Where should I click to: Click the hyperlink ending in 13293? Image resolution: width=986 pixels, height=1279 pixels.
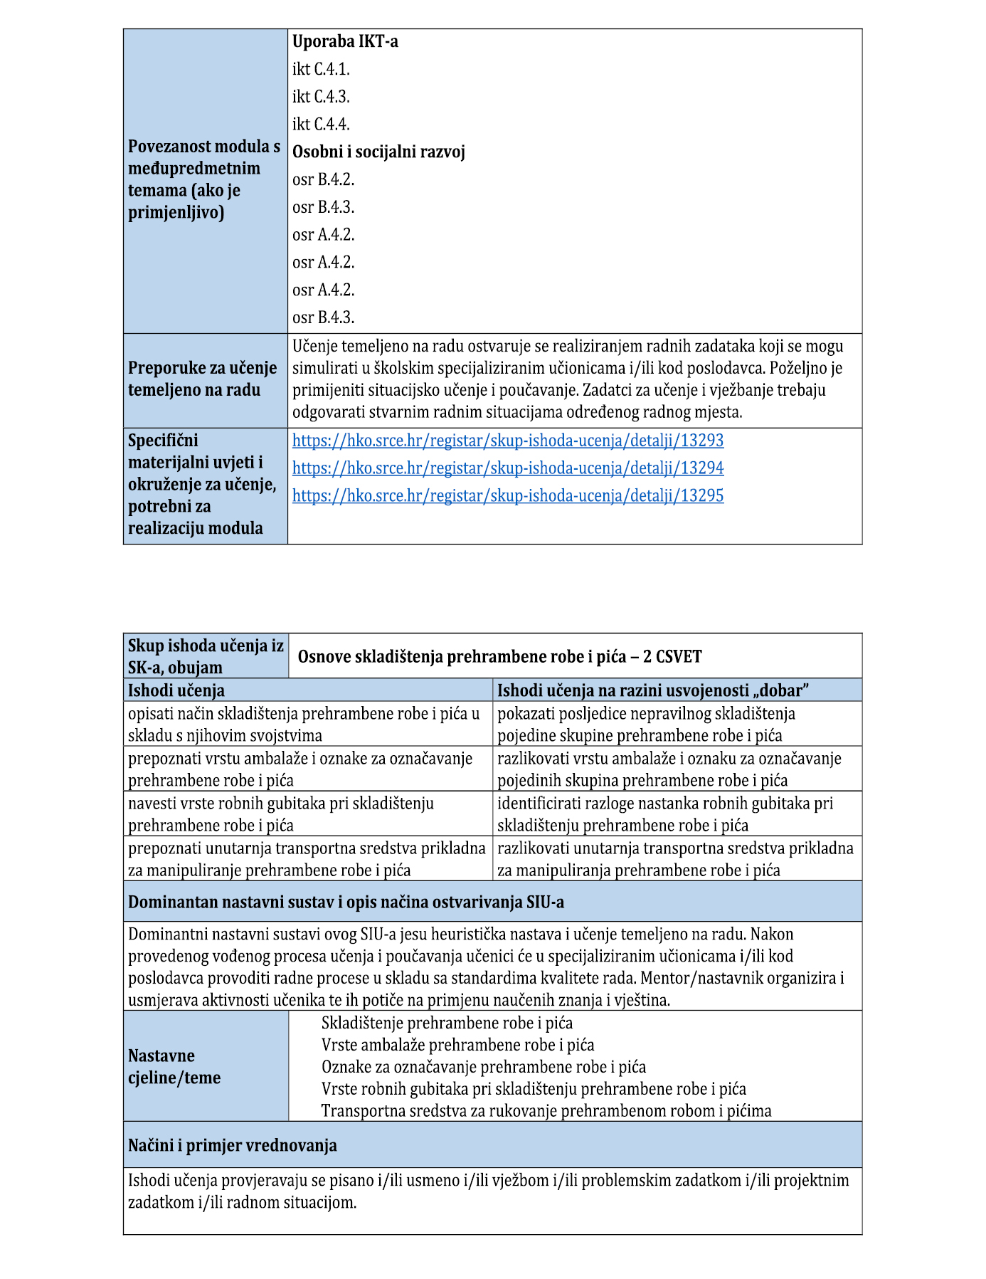508,441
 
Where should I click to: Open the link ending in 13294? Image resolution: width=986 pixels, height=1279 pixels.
508,468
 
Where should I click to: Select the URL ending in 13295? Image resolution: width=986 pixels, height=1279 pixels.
508,496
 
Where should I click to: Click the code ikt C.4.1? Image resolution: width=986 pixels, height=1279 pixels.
321,69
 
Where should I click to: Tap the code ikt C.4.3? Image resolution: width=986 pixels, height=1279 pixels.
321,97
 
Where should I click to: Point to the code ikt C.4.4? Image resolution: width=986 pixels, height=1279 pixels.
321,125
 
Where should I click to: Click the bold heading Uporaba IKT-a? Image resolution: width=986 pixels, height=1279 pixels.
345,41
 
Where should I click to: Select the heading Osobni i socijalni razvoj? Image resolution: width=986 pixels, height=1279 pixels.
378,152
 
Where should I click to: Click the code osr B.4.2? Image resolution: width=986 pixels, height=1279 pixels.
323,180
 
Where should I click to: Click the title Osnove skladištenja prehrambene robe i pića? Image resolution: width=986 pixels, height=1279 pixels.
466,656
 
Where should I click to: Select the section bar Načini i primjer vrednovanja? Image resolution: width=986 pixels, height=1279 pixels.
233,1145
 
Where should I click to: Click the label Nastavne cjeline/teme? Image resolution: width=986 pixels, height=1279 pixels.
174,1066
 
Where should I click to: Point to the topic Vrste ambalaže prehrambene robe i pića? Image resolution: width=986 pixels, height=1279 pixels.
457,1045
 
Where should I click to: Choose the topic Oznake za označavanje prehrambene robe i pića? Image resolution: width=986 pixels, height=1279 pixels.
484,1067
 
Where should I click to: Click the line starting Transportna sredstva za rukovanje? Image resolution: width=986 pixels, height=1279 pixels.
546,1111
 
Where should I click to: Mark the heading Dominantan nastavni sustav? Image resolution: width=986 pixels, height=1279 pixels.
346,902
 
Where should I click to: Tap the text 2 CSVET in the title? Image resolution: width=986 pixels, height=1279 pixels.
672,656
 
